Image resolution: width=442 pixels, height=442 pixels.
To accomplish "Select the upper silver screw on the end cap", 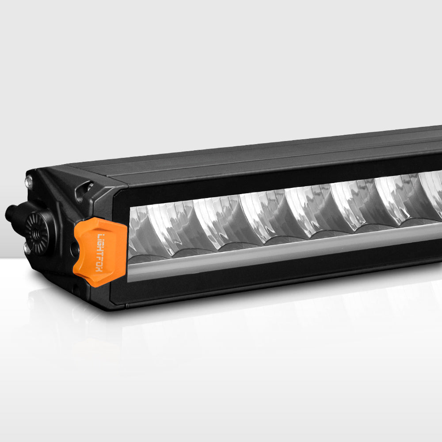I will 30,180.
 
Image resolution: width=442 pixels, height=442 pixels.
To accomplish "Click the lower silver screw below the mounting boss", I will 27,249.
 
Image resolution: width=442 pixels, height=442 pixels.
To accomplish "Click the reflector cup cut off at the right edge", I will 433,194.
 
